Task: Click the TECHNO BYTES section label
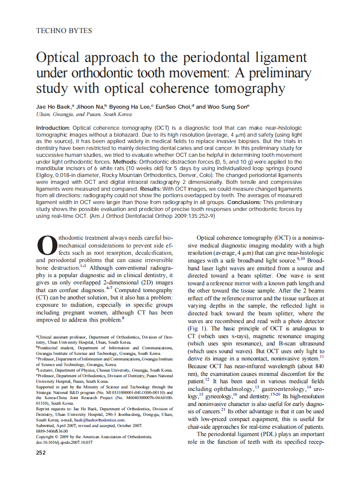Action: coord(64,31)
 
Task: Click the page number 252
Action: coord(41,452)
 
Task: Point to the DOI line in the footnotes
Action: coord(64,442)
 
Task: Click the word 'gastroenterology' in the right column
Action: coord(281,389)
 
